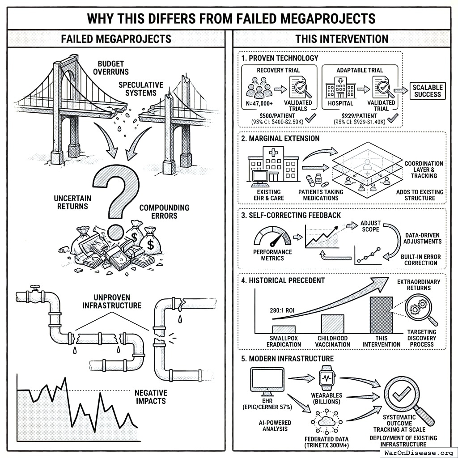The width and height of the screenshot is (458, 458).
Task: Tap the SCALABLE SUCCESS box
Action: click(428, 91)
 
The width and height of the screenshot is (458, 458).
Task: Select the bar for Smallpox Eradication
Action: click(283, 329)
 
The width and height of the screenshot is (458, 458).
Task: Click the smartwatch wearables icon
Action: click(326, 378)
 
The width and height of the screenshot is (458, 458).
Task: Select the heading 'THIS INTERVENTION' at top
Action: click(341, 38)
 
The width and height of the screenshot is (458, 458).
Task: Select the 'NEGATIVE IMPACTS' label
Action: click(151, 397)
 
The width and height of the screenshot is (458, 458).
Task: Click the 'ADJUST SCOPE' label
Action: click(370, 226)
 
